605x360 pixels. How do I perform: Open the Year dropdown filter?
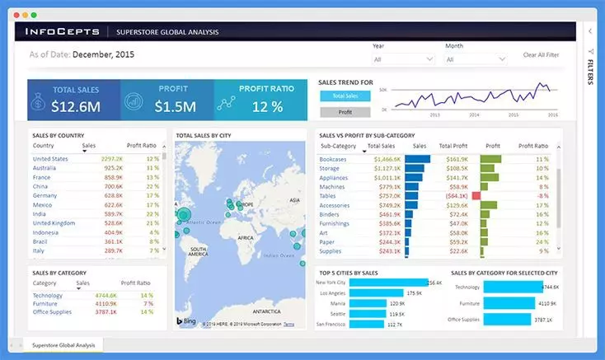coord(403,59)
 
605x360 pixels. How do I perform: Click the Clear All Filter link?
coord(541,55)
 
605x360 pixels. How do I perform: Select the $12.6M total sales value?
coord(76,106)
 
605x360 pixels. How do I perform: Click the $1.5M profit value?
coord(176,106)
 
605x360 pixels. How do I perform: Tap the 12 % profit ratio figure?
coord(267,106)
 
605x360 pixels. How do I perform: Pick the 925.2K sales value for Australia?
coord(112,167)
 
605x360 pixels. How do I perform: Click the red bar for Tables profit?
coord(476,196)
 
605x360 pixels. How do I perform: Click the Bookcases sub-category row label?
coord(333,158)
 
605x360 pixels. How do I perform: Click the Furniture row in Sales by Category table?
coord(45,303)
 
